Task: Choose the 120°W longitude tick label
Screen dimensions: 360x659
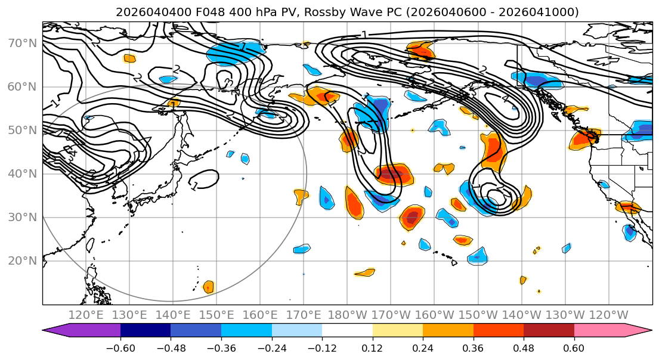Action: [609, 315]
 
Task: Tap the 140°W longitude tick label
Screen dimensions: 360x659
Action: [522, 315]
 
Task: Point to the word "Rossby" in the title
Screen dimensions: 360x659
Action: [300, 12]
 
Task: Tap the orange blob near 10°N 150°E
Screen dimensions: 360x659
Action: [208, 287]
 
